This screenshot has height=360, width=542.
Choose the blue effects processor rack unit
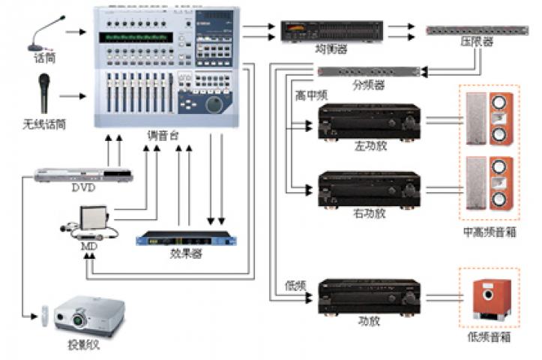click(187, 239)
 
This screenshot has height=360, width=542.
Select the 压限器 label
click(477, 43)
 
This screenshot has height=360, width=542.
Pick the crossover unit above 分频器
click(368, 71)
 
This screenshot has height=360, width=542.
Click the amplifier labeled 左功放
click(368, 122)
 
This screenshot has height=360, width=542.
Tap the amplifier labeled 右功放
click(368, 188)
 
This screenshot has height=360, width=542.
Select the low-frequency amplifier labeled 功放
click(368, 295)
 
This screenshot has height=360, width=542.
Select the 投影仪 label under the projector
click(85, 346)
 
